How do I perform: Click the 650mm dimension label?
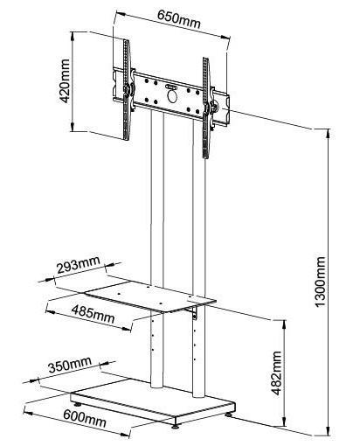(x=179, y=19)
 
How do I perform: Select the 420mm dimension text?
(x=65, y=81)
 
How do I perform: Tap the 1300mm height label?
(x=320, y=282)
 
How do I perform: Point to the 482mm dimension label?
(x=277, y=373)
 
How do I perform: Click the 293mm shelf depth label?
(x=79, y=265)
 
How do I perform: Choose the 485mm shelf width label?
(x=93, y=314)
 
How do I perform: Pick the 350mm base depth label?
(x=70, y=365)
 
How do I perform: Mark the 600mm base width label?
(x=85, y=418)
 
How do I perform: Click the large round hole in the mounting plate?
(x=172, y=97)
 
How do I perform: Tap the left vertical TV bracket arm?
(x=127, y=90)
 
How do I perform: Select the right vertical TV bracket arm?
(x=206, y=108)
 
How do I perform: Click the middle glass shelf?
(x=150, y=296)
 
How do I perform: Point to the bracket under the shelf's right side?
(x=194, y=313)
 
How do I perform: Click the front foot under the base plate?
(x=176, y=426)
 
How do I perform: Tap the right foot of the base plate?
(x=228, y=414)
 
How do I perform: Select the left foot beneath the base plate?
(x=78, y=405)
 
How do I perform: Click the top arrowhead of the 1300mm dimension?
(x=329, y=134)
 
